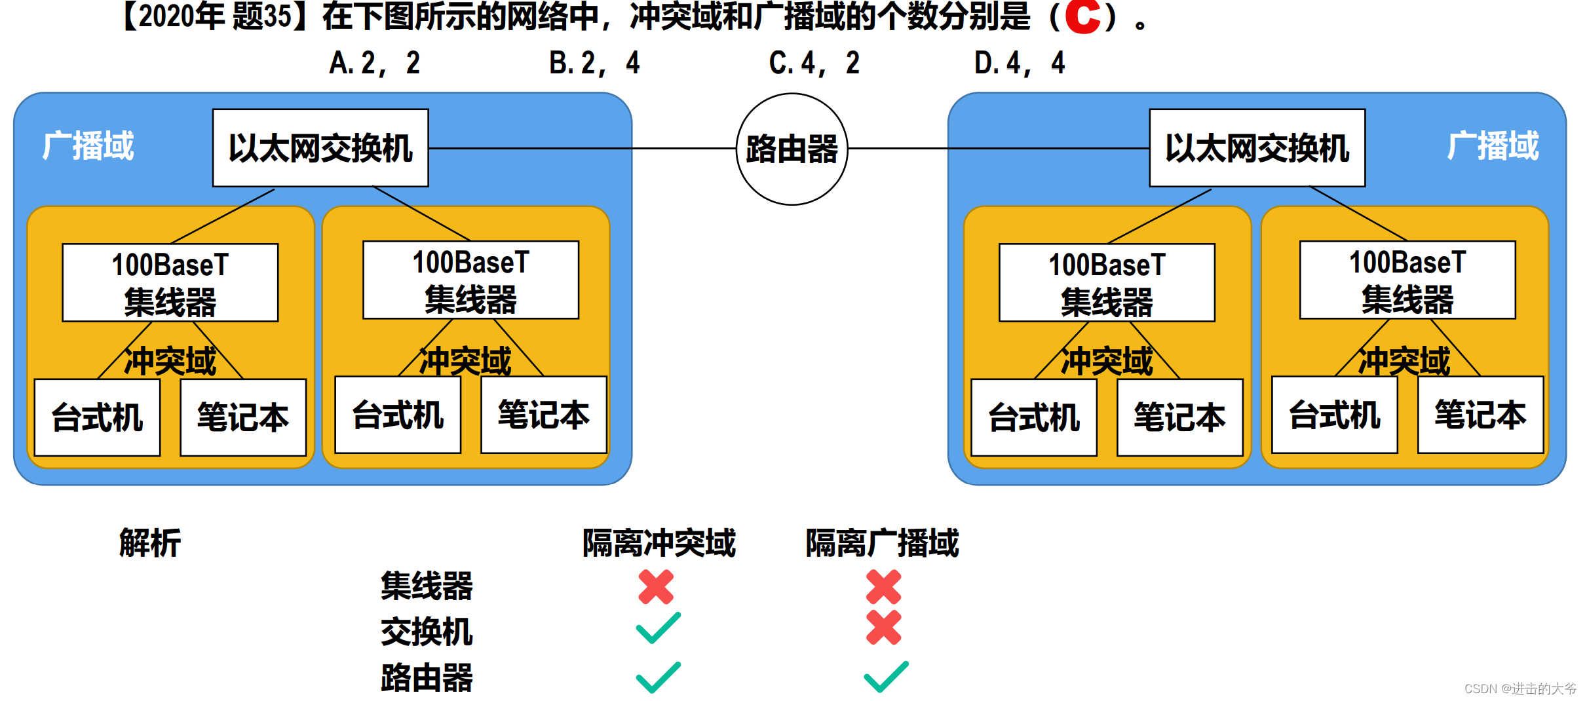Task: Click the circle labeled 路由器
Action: pos(792,149)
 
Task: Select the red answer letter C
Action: pos(1082,17)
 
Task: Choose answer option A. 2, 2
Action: pos(374,64)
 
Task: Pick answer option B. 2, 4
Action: pos(594,64)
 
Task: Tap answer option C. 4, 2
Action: pos(814,64)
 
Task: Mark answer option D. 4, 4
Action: pos(1020,64)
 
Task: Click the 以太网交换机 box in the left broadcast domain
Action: pos(320,148)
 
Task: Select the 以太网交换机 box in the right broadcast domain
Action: pos(1257,148)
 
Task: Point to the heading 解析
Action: pos(149,543)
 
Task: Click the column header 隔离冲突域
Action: pos(659,543)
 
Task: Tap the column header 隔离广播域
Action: pos(882,543)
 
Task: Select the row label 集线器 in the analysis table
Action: pos(427,586)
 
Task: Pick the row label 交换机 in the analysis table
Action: pos(427,632)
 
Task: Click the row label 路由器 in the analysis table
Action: pos(427,677)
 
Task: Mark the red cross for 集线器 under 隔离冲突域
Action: pos(656,586)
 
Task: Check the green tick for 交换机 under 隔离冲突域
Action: pos(658,628)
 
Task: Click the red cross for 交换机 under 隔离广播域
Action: pos(883,628)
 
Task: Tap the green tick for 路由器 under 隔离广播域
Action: pos(886,677)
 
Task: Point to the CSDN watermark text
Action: pos(1520,689)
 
